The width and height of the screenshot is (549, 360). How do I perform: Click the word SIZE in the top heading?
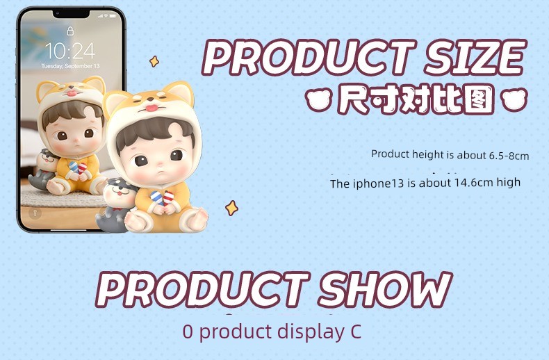click(x=475, y=57)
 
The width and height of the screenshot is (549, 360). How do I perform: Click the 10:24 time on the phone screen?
click(x=70, y=51)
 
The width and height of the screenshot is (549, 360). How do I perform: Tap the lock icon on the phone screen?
click(x=70, y=31)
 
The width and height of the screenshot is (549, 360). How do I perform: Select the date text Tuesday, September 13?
click(x=70, y=66)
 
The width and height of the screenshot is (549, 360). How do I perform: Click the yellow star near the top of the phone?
click(x=154, y=61)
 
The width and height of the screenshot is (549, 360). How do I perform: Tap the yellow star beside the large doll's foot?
click(x=231, y=208)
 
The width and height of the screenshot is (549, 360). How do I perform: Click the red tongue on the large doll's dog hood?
click(x=151, y=108)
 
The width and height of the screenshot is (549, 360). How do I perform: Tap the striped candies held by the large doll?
click(x=163, y=198)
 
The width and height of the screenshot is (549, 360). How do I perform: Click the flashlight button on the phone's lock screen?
click(x=34, y=213)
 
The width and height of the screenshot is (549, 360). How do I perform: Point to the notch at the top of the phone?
click(x=71, y=14)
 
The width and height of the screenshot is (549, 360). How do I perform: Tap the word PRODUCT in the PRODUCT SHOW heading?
click(x=202, y=290)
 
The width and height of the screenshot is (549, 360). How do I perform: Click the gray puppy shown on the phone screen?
click(x=44, y=169)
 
